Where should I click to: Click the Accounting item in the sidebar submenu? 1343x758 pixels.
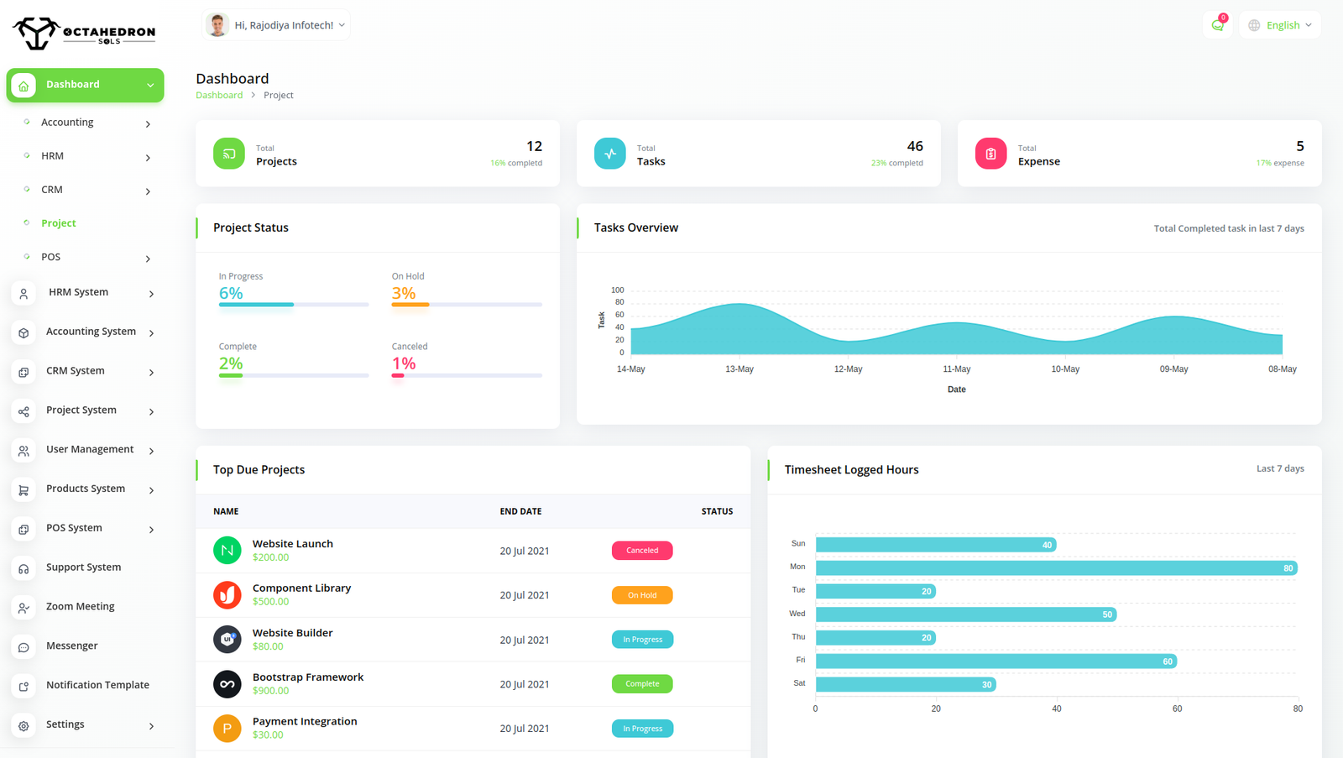[67, 123]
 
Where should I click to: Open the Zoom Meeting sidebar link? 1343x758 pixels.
[80, 607]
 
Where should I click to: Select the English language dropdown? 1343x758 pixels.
[1280, 25]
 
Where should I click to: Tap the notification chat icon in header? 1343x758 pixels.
[1217, 25]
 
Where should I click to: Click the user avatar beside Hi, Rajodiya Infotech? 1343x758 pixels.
[217, 25]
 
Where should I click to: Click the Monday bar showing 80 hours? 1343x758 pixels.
[1056, 568]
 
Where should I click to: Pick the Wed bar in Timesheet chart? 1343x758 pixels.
[965, 614]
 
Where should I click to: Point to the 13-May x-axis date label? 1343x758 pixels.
[739, 369]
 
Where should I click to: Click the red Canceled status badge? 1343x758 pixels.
[642, 551]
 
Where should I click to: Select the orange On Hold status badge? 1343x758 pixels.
[642, 595]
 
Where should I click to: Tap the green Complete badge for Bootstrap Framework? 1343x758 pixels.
[642, 684]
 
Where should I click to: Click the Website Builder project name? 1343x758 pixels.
[292, 633]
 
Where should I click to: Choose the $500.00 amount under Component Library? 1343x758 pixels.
[270, 602]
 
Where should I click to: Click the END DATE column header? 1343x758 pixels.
[520, 511]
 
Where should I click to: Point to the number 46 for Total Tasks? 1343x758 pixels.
[914, 146]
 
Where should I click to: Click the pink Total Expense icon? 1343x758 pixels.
[990, 154]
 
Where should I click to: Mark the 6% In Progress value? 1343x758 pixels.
[231, 293]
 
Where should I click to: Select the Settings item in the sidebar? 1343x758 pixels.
[65, 724]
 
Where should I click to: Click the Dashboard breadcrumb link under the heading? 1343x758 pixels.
[219, 96]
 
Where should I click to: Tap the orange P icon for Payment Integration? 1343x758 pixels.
[227, 729]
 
